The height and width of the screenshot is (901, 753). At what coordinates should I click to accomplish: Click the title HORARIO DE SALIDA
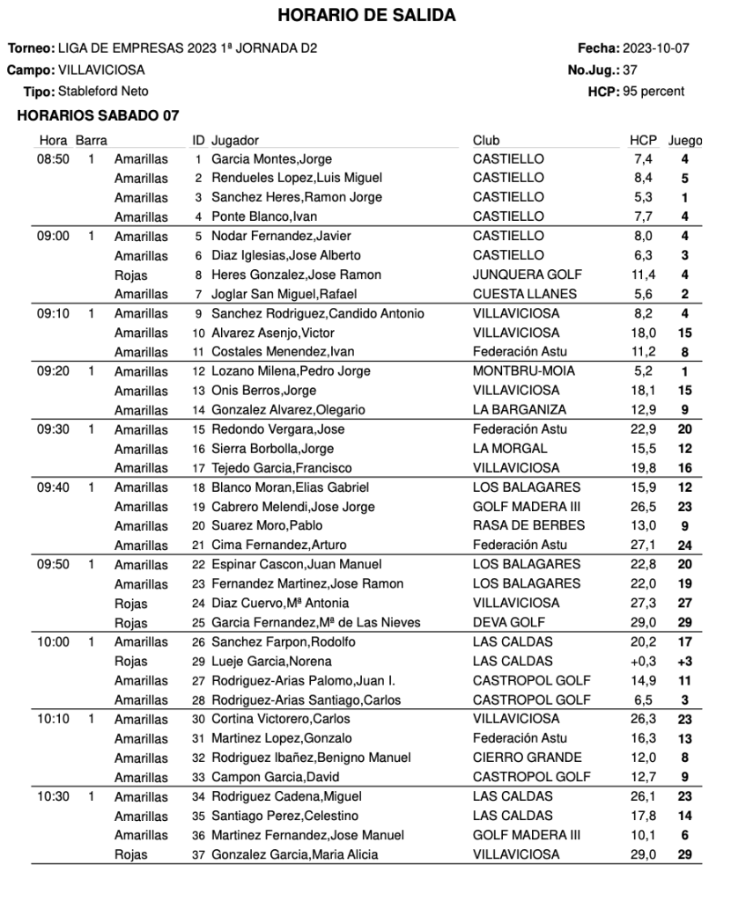[366, 16]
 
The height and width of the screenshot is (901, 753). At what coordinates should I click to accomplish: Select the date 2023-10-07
[655, 48]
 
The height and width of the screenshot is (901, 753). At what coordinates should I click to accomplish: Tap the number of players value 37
[630, 70]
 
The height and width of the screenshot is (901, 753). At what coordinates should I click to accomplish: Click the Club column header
[486, 141]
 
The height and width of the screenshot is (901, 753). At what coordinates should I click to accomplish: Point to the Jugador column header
[235, 141]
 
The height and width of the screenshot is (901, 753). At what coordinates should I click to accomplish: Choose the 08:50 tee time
[53, 159]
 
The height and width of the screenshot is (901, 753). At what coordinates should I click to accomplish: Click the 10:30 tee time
[53, 796]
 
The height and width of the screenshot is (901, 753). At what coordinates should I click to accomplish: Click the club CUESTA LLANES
[525, 294]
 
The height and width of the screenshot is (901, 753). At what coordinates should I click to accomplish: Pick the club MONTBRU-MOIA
[523, 371]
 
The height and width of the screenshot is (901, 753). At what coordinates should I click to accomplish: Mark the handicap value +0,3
[644, 661]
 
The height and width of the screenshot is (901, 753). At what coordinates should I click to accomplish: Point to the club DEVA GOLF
[508, 623]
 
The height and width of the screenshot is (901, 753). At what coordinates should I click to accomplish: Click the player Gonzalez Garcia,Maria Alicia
[294, 854]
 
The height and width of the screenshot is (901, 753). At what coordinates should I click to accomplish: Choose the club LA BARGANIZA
[520, 410]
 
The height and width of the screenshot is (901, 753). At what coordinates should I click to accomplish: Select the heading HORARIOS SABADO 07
[98, 115]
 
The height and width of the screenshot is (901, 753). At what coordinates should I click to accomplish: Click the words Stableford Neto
[103, 92]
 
